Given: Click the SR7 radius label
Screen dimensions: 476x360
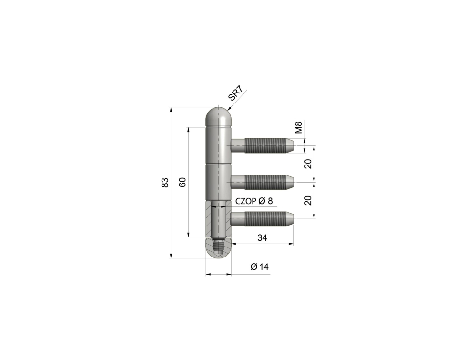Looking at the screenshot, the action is [235, 93].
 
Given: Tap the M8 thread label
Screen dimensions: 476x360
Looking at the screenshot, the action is [299, 127].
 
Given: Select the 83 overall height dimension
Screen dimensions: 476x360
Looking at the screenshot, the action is [165, 182].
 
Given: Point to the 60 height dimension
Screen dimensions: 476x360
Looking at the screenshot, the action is [182, 182].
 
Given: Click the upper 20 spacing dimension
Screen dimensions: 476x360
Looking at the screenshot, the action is [308, 164].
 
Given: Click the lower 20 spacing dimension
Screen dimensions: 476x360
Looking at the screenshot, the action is [308, 200].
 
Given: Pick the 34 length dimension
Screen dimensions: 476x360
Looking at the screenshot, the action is [262, 237].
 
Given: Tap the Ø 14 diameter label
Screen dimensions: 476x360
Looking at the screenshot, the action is [260, 267].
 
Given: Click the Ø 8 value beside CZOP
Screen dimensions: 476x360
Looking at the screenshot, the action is [265, 201].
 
